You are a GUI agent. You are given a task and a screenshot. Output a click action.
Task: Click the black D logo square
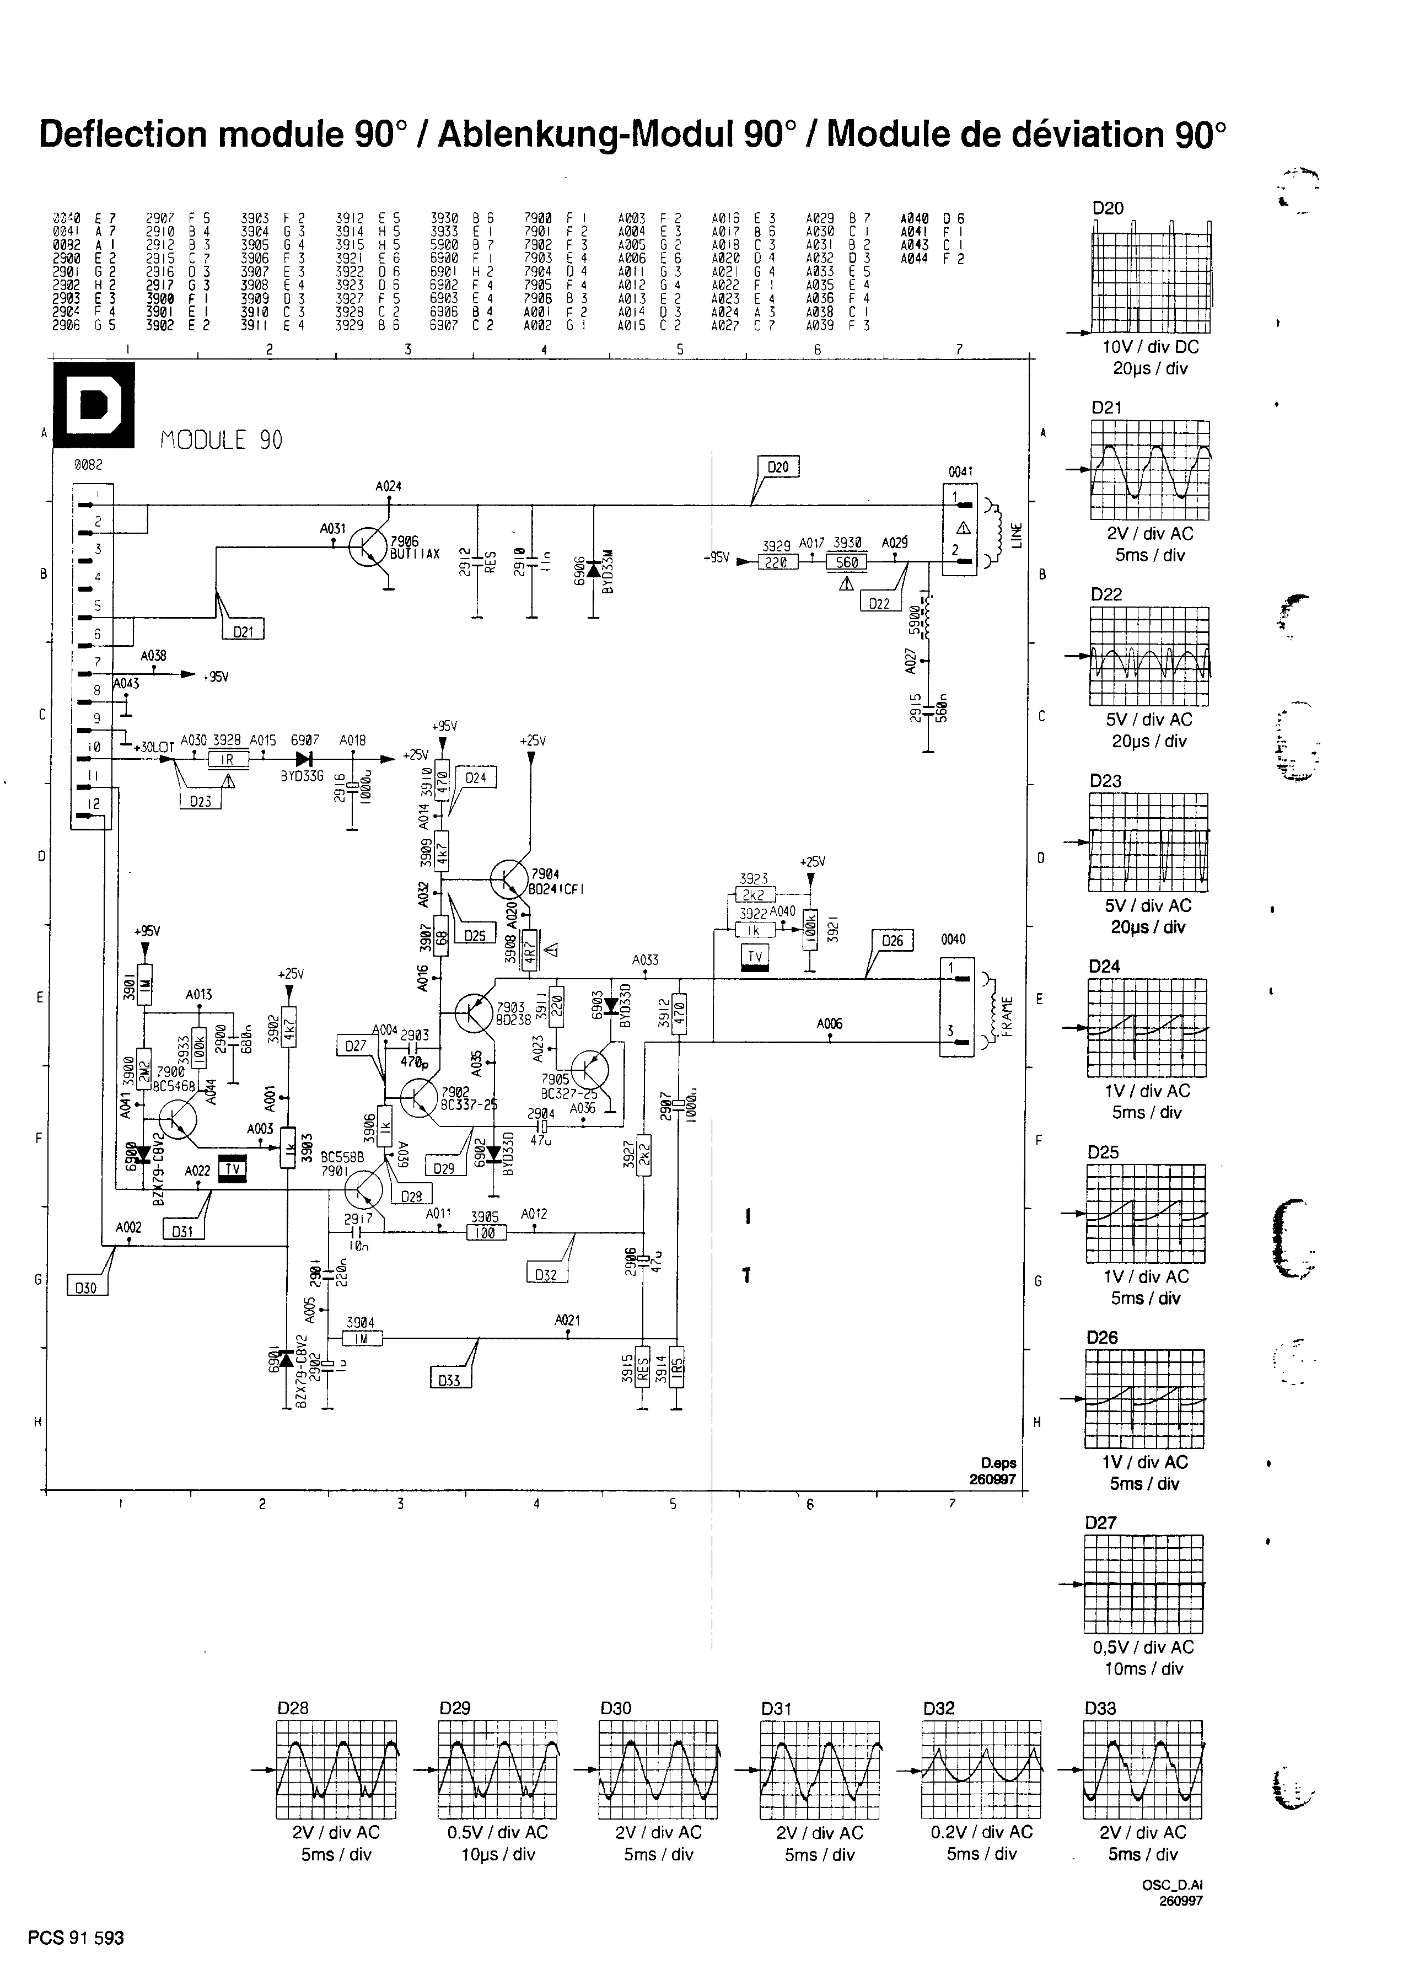[x=93, y=405]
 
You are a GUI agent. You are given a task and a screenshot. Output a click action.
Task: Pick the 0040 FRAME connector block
[x=956, y=1006]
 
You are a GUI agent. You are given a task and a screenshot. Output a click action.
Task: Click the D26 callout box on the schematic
[x=893, y=941]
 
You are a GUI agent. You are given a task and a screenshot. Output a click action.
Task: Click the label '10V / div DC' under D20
[x=1150, y=347]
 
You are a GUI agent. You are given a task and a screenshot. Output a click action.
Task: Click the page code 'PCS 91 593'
[x=76, y=1938]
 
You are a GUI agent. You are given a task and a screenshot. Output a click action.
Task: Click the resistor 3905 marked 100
[x=486, y=1233]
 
